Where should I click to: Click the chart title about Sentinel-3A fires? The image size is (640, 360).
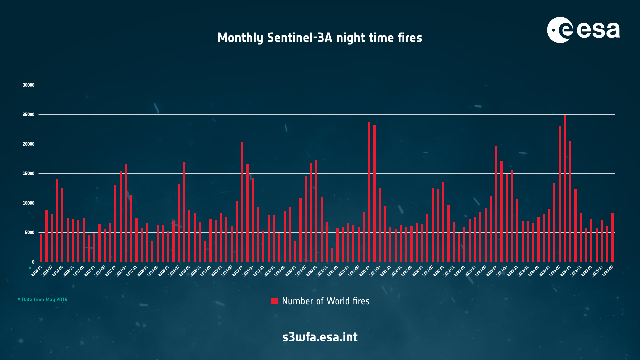coord(320,38)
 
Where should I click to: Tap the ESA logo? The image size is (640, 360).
coord(583,30)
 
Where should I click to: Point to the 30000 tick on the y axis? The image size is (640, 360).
coord(29,85)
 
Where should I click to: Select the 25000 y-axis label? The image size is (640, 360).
coord(29,115)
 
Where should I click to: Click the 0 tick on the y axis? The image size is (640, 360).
coord(33,262)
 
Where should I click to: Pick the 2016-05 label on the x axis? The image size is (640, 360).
coord(37,271)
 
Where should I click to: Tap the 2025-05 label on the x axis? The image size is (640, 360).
coord(608,271)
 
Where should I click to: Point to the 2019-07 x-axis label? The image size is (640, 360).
coord(238,271)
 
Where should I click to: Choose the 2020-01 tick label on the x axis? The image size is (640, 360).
coord(269,271)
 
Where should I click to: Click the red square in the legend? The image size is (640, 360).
coord(274,301)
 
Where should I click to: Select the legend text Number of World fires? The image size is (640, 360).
coord(326,301)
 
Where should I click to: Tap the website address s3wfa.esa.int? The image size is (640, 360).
coord(320,337)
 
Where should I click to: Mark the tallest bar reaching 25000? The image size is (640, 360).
coord(565,188)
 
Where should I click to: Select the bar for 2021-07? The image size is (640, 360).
coord(369,192)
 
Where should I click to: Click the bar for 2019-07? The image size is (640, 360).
coord(242,202)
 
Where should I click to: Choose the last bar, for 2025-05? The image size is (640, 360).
coord(612,237)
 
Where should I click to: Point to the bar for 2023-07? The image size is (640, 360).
coord(496,204)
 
